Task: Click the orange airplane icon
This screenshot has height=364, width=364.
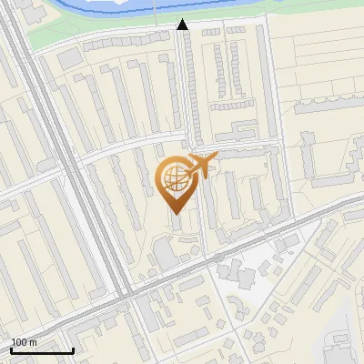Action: [202, 166]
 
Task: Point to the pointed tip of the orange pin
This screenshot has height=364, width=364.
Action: [175, 213]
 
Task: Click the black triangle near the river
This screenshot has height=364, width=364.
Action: [183, 25]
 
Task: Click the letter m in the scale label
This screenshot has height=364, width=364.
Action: [33, 342]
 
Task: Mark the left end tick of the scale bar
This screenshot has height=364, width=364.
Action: [11, 350]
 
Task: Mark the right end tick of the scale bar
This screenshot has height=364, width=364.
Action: [73, 350]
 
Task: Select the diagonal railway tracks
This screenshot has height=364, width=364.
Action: [77, 164]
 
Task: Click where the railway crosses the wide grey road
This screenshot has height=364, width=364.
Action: [126, 293]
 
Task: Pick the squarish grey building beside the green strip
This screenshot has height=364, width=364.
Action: [69, 57]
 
